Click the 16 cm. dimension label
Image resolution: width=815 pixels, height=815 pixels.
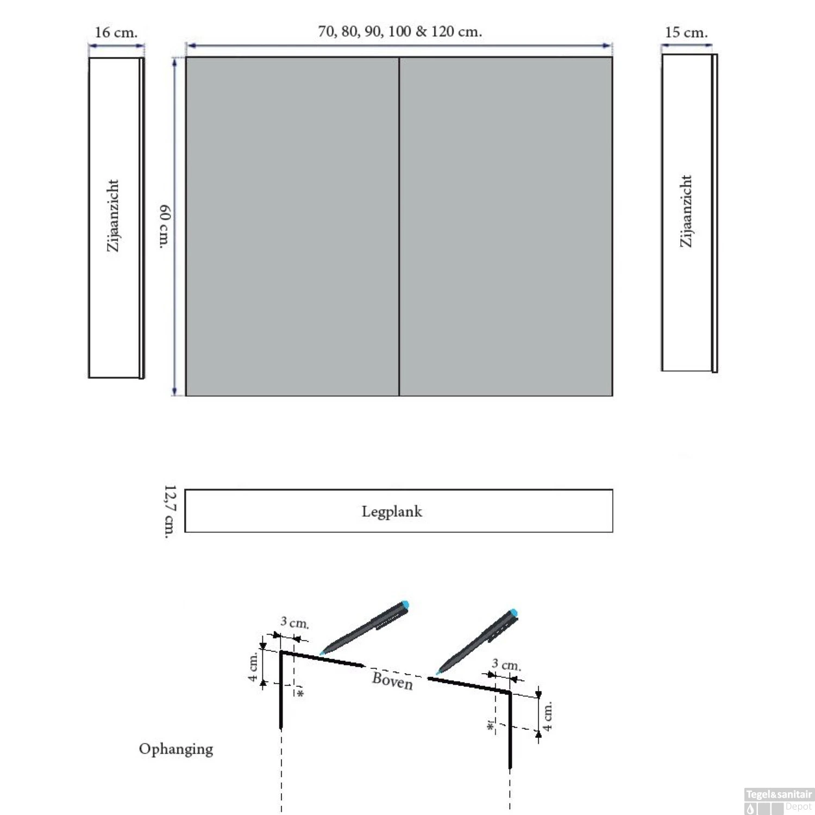tap(116, 33)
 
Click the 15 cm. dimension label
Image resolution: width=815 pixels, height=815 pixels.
tap(686, 33)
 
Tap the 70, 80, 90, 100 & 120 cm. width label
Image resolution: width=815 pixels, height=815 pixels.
tap(400, 32)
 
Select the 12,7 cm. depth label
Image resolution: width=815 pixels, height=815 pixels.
tap(170, 512)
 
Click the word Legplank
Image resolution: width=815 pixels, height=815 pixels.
tap(392, 512)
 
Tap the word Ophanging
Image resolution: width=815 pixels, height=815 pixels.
tap(176, 749)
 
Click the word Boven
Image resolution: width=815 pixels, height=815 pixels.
tap(392, 680)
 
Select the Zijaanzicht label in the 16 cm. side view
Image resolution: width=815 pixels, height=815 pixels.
tap(112, 216)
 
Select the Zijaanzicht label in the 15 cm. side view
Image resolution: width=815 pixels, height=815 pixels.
tap(686, 211)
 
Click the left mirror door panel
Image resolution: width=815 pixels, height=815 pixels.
tap(292, 227)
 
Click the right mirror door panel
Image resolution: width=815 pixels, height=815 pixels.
tap(506, 227)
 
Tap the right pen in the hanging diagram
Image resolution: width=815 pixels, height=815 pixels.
tap(477, 642)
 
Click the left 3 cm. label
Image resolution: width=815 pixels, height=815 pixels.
tap(294, 623)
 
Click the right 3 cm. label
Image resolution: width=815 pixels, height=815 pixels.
tap(506, 664)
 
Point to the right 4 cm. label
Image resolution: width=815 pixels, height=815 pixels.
tap(548, 716)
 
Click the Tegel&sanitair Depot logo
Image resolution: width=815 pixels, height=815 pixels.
tap(779, 801)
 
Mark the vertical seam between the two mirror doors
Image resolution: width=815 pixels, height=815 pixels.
tap(399, 227)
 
